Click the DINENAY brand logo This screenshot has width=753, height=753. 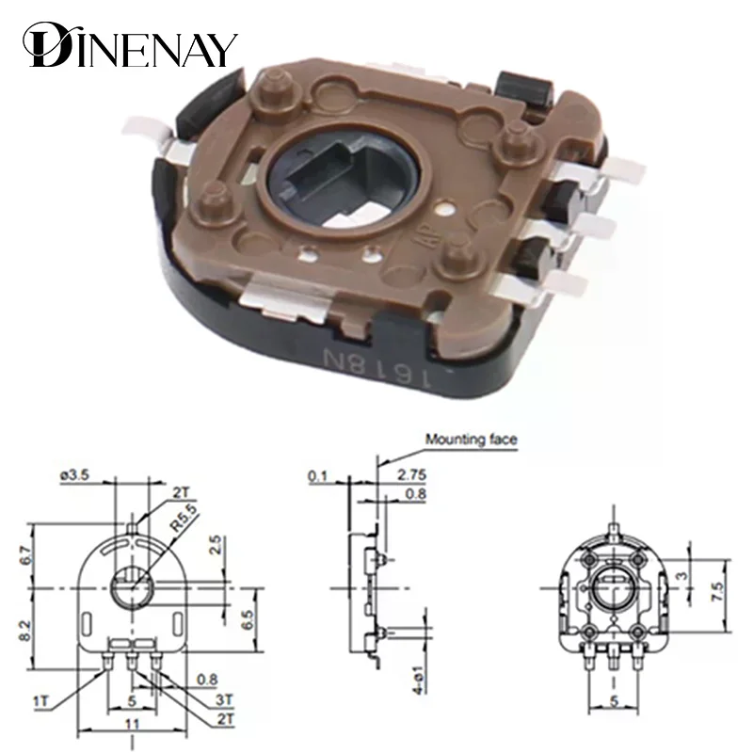(x=131, y=44)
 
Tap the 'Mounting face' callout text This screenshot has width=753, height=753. (x=471, y=439)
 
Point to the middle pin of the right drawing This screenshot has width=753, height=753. (x=613, y=656)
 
